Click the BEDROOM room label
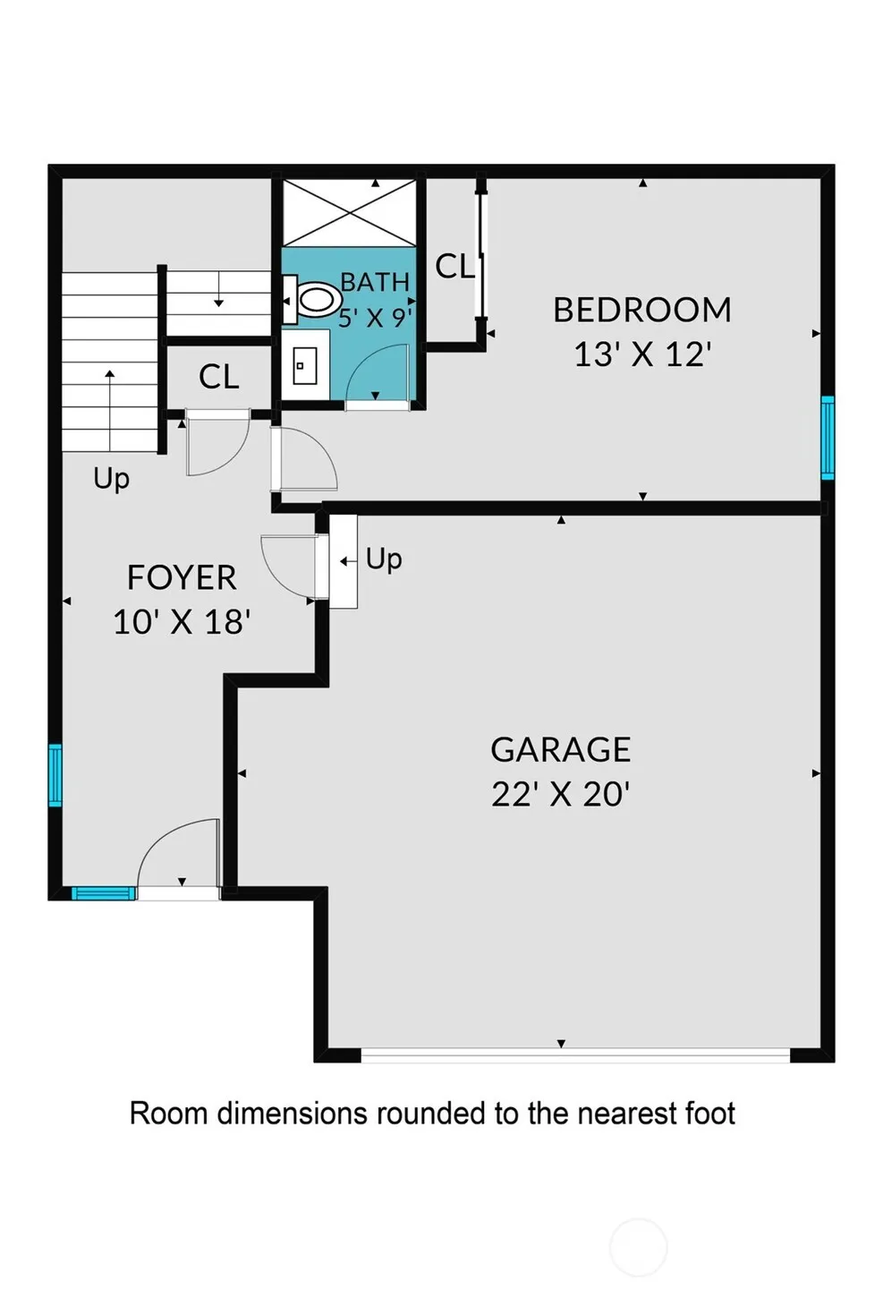[x=642, y=310]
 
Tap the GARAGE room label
[x=561, y=749]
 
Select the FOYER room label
[x=182, y=577]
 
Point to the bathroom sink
[x=305, y=365]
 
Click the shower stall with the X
[x=349, y=213]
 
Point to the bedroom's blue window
[x=828, y=438]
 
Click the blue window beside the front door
[x=104, y=892]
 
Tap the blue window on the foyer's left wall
[x=55, y=775]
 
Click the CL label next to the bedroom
[x=454, y=267]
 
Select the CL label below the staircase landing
[x=218, y=377]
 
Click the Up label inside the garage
[x=384, y=559]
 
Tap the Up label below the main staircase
[x=111, y=479]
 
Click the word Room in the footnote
[x=168, y=1113]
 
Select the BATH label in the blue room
[x=375, y=282]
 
